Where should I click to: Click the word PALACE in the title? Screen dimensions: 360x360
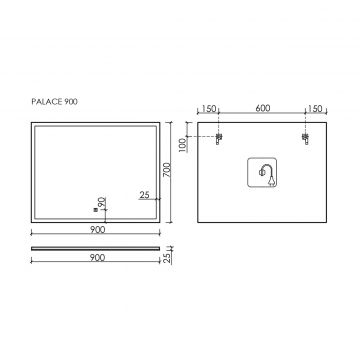click(48, 102)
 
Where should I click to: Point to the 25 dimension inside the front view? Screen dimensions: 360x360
click(144, 195)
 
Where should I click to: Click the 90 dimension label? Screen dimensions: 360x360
click(102, 202)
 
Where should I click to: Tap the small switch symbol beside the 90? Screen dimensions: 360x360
click(96, 210)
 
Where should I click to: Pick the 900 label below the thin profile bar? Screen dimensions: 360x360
click(97, 257)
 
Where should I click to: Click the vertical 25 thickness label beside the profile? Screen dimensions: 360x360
click(167, 257)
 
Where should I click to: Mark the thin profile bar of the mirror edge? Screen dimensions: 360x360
click(96, 248)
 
